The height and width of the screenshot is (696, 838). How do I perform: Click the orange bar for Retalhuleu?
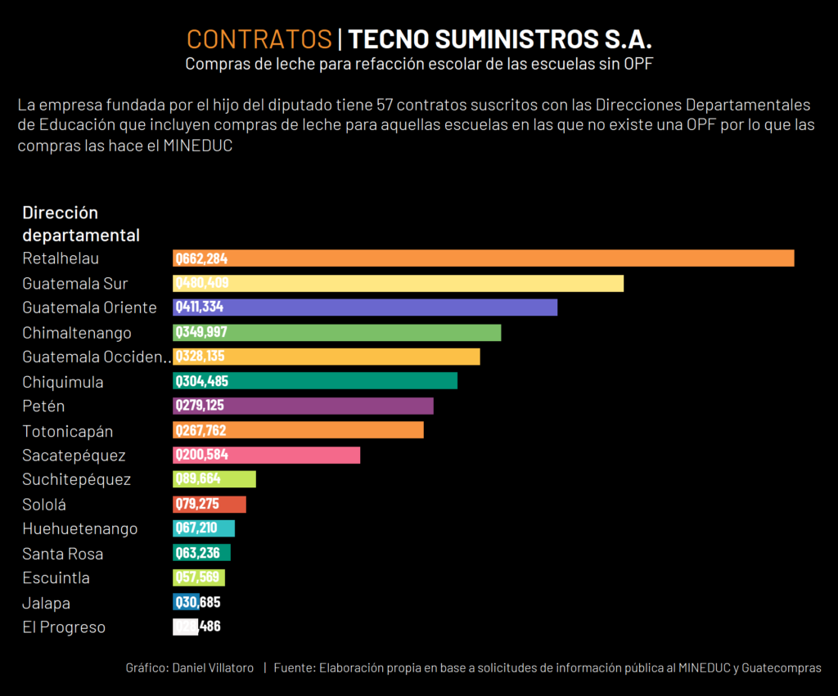click(x=483, y=258)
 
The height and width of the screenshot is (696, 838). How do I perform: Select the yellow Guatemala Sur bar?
click(x=398, y=283)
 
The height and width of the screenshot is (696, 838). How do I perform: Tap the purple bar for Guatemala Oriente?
click(x=365, y=308)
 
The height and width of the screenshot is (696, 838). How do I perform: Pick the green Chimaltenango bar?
click(x=336, y=333)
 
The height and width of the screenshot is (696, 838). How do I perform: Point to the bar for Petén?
click(x=303, y=406)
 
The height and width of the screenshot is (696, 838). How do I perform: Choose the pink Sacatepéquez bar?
click(x=266, y=455)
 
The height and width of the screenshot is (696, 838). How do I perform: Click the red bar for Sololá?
click(x=209, y=504)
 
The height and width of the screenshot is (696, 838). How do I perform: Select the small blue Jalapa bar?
click(x=186, y=603)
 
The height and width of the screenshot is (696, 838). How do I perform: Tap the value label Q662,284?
click(x=201, y=258)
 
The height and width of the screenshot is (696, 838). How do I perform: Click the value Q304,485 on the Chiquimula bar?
click(x=201, y=381)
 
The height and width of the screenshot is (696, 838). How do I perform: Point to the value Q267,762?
click(x=201, y=430)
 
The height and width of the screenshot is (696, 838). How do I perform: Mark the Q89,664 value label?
click(x=198, y=479)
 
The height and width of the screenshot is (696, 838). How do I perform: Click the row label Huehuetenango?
click(x=80, y=528)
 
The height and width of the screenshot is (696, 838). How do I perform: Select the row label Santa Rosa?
click(x=63, y=554)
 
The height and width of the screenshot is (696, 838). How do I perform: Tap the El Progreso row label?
click(x=64, y=627)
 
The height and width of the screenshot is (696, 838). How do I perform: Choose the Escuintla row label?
click(x=56, y=578)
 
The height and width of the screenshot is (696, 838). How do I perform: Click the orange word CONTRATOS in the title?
click(x=259, y=39)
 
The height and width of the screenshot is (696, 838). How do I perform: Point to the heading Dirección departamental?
click(x=81, y=224)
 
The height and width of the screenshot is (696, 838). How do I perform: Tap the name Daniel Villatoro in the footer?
click(x=213, y=668)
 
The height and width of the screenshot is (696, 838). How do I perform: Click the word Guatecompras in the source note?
click(x=782, y=668)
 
